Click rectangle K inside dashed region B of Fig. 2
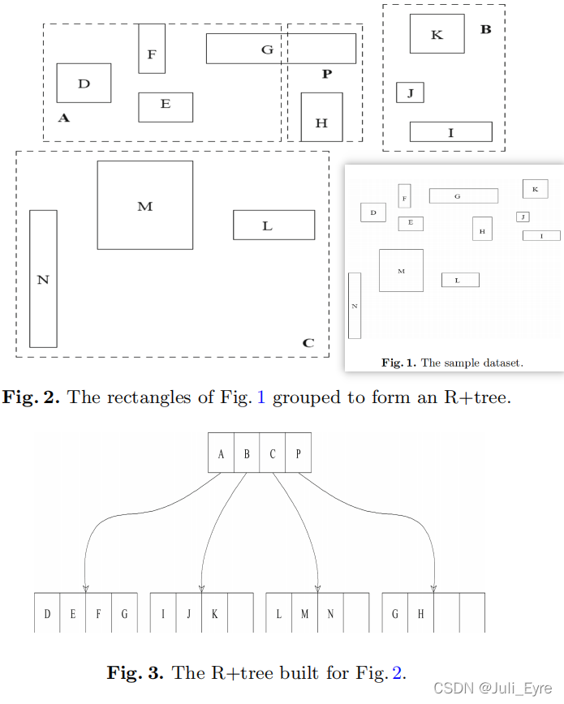437,34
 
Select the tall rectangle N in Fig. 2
43,279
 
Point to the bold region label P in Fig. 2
327,74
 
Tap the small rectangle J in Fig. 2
410,92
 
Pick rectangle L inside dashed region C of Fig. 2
273,225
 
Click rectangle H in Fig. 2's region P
321,117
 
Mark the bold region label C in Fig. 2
308,343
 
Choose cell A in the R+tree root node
221,453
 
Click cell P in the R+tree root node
298,453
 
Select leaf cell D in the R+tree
47,613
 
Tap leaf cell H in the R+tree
420,613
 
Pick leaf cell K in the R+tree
214,613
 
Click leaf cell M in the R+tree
304,613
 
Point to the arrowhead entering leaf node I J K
201,588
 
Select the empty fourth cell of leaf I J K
240,613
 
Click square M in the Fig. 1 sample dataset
401,270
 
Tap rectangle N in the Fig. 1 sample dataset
354,305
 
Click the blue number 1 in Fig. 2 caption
260,398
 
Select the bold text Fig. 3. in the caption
135,672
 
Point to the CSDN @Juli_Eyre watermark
494,688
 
